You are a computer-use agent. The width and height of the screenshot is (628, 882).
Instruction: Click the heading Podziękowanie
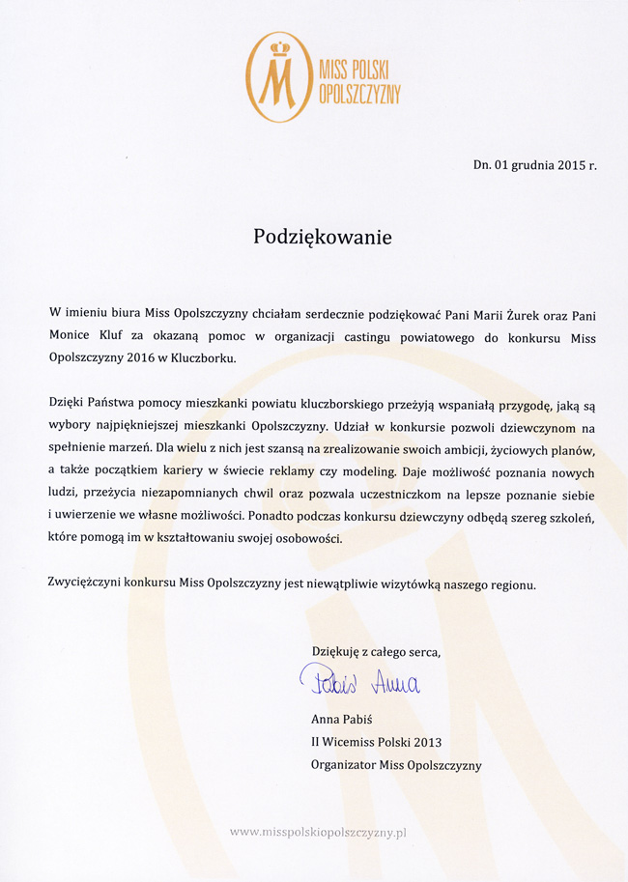323,238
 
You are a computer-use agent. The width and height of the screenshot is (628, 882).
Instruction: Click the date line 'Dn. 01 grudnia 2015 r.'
535,165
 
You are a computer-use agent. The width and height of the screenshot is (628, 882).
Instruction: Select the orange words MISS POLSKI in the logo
359,69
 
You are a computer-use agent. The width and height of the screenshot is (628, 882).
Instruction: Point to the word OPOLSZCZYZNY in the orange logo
359,93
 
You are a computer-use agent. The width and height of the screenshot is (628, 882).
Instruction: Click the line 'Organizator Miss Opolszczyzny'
396,765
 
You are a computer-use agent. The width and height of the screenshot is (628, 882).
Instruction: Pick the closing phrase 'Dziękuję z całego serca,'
376,652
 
